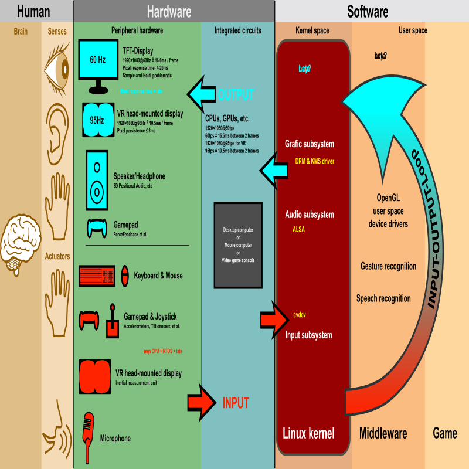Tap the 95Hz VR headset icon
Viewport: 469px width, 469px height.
point(97,119)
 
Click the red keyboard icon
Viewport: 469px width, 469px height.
point(97,276)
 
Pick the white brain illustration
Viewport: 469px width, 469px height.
point(20,243)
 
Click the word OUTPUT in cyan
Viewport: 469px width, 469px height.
point(236,94)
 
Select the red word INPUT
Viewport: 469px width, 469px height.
point(236,403)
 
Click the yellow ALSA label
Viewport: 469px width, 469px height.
point(298,229)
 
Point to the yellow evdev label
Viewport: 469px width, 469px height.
point(300,315)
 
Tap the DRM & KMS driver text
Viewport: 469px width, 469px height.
point(314,161)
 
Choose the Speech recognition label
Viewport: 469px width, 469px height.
point(383,298)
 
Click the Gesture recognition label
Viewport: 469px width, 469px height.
point(388,266)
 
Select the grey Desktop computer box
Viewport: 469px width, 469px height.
point(237,245)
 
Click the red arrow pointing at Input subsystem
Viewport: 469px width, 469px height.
point(272,320)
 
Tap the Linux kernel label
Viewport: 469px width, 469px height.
point(308,434)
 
